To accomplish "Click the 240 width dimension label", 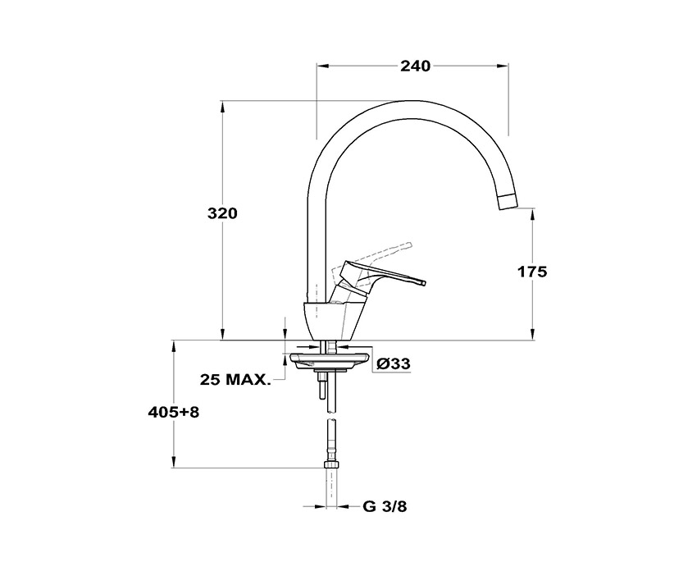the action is click(x=415, y=66).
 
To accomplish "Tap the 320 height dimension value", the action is click(x=223, y=213).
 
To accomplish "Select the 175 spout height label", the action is click(x=532, y=272).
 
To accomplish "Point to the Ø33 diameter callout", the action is click(x=393, y=363).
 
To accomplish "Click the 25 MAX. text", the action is click(x=235, y=380).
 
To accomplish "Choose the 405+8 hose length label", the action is click(x=173, y=413).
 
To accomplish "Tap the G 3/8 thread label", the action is click(x=385, y=506).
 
